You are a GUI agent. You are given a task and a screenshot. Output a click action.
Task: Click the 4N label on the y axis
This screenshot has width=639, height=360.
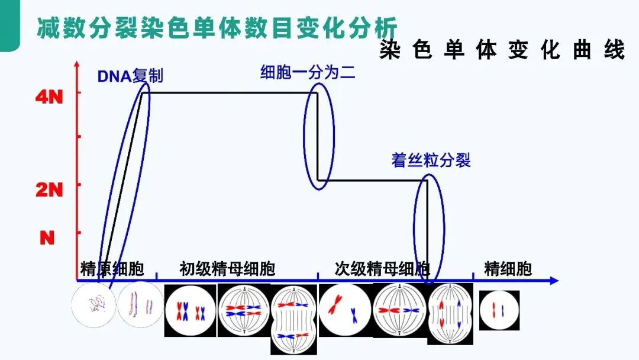pos(49,97)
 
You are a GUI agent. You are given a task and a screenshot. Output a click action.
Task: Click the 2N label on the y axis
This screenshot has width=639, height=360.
pos(49,189)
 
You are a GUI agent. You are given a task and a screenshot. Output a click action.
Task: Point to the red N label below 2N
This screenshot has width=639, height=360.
pos(47,237)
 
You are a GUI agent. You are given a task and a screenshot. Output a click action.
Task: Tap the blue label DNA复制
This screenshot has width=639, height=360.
pos(130,76)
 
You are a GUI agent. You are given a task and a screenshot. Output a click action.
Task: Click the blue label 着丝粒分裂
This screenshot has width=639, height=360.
pos(431,160)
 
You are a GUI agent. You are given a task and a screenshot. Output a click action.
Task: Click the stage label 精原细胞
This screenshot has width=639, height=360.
pos(112,269)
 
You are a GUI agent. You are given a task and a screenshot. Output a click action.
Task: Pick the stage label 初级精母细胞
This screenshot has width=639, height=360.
pos(227,269)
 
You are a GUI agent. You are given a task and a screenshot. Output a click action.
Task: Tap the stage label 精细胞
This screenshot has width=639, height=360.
pos(508,269)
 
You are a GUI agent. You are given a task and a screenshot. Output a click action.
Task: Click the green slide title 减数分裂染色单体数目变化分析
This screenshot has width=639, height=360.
pos(217,28)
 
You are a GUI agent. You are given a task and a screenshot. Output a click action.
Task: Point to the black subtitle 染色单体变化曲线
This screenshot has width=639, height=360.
pos(502,50)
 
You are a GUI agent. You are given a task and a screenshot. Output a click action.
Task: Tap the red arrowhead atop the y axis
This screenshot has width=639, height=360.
pos(78,63)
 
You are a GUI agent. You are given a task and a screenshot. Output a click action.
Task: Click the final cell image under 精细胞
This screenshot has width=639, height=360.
pos(499,310)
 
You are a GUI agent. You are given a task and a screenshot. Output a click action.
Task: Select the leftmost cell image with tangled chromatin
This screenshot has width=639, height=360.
pos(92,306)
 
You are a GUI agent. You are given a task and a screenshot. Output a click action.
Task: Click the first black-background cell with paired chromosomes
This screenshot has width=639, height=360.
pos(190,310)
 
